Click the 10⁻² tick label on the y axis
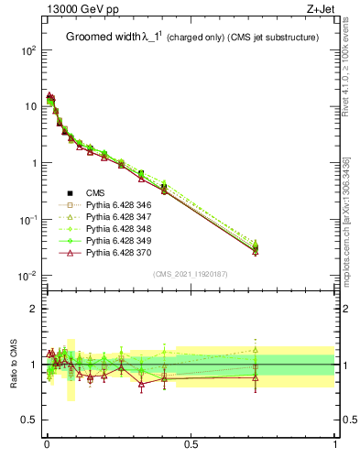pos(27,276)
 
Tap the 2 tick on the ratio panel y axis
pos(35,309)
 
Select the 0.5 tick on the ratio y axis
pos(30,420)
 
